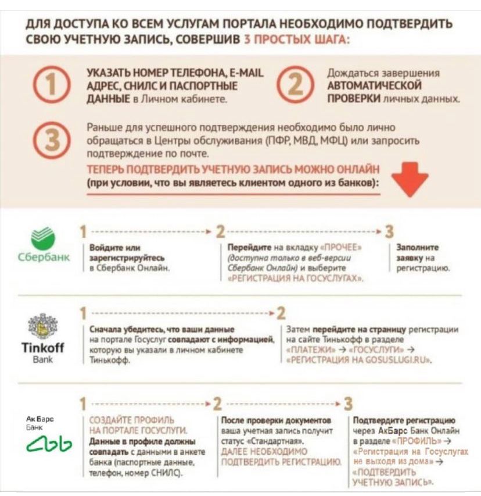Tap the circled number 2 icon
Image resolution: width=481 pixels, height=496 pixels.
pos(297,86)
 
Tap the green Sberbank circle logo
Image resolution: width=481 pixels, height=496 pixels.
pos(42,238)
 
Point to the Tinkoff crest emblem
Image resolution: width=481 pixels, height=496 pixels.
pos(42,327)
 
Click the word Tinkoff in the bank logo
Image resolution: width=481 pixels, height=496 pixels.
pos(42,348)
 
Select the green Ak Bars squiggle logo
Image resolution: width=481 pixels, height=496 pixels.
pos(49,445)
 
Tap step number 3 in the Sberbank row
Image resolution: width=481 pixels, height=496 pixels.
pos(389,231)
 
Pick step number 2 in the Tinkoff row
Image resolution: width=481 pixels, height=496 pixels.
pos(281,313)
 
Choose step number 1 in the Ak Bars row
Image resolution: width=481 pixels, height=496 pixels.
pos(83,404)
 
